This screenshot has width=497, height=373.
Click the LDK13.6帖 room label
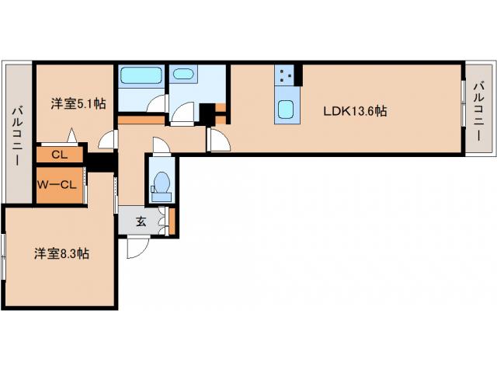coord(355,111)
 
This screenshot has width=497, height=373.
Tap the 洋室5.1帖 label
coord(78,103)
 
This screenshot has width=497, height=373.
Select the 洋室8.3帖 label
coord(62,254)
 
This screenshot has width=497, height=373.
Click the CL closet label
coord(60,155)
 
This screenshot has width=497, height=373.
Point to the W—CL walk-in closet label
coord(57,185)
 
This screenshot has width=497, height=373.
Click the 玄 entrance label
coord(141,221)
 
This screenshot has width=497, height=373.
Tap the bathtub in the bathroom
coord(141,76)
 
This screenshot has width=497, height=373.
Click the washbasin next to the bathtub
coord(183,74)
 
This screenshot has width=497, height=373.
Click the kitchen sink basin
coord(287,110)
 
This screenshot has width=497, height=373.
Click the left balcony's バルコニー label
coord(17,136)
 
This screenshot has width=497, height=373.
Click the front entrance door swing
coord(138,247)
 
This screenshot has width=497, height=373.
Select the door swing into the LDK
coord(219,140)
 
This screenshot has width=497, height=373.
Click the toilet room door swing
coord(162,145)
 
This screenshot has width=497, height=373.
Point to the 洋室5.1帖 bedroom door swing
coord(106,139)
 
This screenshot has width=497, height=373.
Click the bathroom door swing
coord(157,103)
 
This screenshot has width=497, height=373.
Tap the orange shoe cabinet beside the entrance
coord(172,221)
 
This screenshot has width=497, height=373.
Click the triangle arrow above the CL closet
coord(72,135)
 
